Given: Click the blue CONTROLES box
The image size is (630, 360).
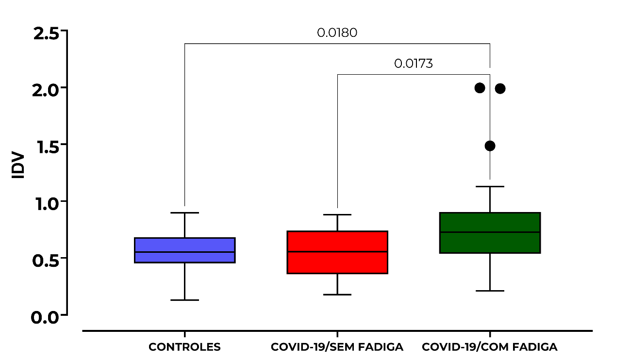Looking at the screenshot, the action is click(185, 250).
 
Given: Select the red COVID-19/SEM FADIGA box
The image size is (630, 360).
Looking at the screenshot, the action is click(337, 252).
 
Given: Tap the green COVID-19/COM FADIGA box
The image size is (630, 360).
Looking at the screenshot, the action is click(490, 233).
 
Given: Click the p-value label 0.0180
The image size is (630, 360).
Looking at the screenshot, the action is click(337, 33).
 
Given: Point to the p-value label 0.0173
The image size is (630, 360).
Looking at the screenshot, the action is click(414, 64).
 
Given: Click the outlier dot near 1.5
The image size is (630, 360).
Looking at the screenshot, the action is click(490, 146).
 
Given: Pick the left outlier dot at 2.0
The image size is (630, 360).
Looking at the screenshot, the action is click(480, 88).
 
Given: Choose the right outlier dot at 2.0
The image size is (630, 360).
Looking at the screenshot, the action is click(500, 89).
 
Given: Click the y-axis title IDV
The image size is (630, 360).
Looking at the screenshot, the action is click(18, 165).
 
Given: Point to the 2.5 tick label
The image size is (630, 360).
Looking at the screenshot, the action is click(46, 34).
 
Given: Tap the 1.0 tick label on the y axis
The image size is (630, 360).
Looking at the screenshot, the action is click(47, 204).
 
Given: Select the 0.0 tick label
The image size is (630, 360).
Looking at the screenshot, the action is click(45, 318).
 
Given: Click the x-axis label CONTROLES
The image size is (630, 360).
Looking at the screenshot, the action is click(184, 347).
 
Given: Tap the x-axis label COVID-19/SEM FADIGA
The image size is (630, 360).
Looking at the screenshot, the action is click(337, 347).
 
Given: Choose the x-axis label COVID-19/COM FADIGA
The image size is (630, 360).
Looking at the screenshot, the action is click(490, 347).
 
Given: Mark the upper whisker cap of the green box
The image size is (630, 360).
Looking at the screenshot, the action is click(490, 186).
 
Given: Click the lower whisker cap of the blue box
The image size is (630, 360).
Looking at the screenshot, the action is click(185, 300).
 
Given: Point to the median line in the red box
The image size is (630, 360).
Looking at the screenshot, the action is click(337, 252).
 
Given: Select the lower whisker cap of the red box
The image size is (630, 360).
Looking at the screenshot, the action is click(337, 295).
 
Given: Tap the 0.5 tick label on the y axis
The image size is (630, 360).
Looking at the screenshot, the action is click(46, 261).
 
